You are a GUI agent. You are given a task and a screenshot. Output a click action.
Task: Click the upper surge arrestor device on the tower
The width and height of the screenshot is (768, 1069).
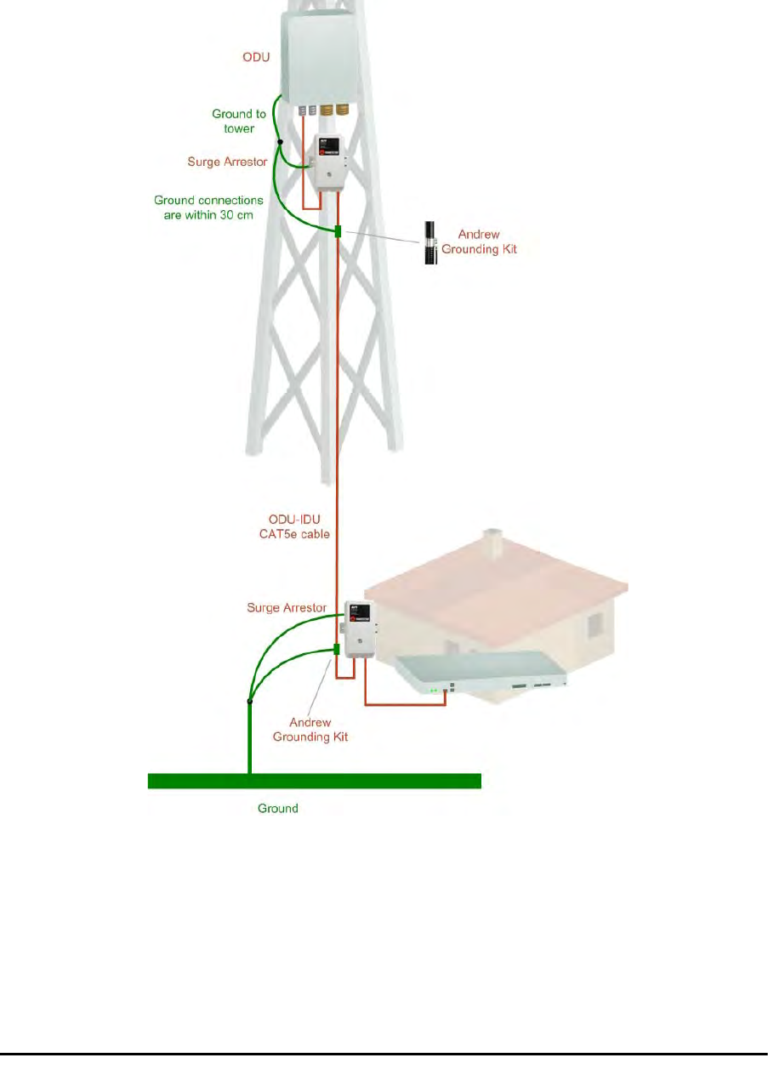326,162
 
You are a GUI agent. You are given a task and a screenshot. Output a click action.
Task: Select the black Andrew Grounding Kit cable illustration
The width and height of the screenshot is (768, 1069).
430,242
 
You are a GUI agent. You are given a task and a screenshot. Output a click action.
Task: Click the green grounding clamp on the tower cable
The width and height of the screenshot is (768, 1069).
338,231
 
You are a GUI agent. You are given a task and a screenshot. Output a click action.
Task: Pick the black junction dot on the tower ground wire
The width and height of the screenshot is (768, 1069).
280,142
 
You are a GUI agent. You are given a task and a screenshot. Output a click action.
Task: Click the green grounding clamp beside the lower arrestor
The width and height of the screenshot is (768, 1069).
337,650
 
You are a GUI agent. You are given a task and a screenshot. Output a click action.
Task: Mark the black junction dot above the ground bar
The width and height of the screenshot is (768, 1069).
249,702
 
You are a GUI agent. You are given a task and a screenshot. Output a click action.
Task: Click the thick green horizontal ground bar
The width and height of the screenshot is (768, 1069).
315,781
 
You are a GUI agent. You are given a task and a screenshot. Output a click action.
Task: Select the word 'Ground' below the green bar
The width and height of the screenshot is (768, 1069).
278,808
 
